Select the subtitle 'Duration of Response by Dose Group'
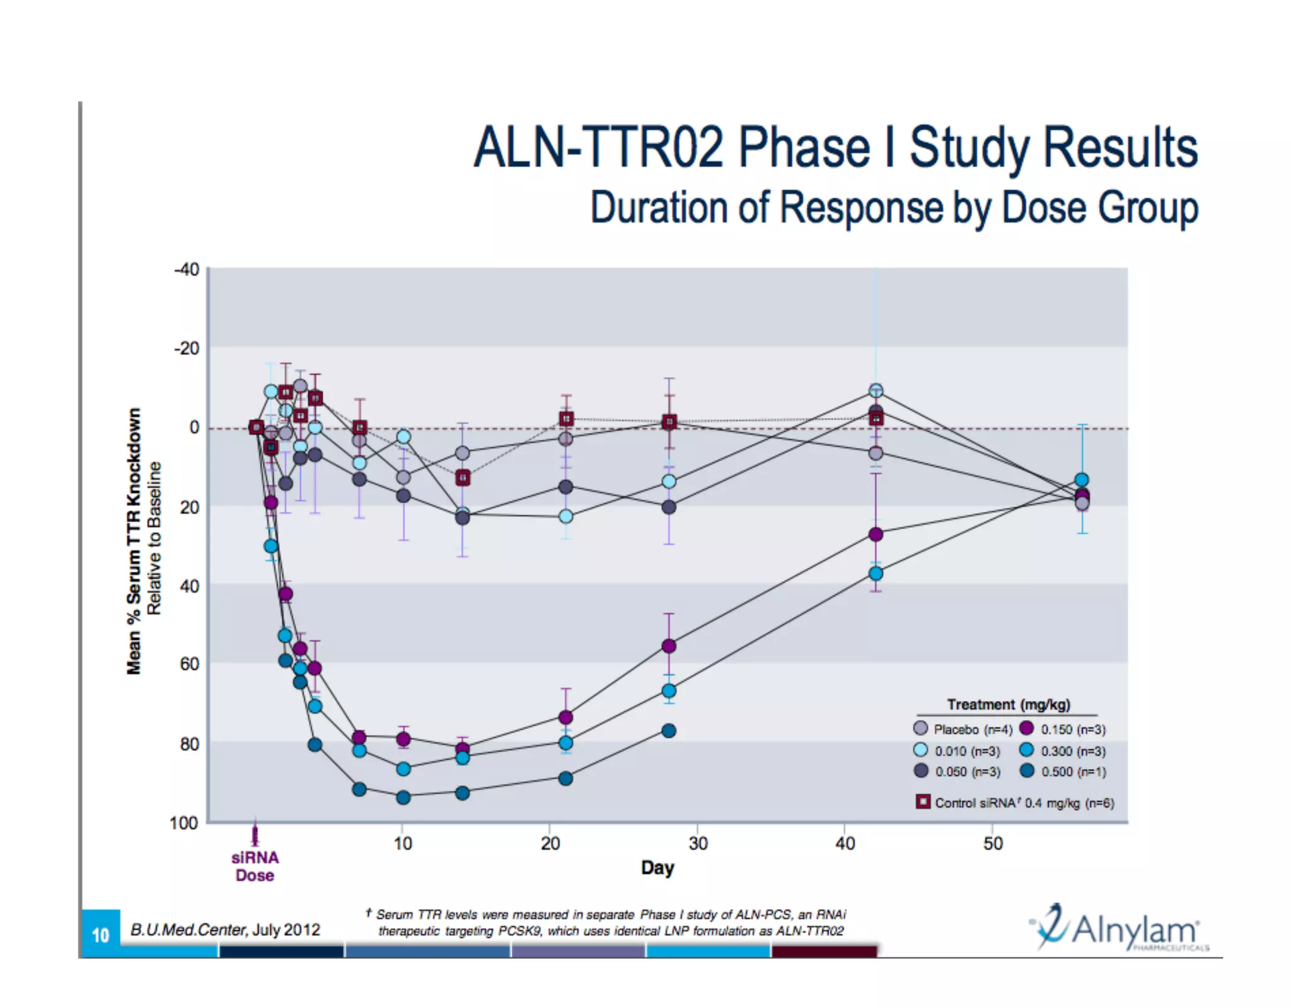coord(893,207)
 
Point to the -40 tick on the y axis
coord(187,270)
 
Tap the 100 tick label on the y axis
coord(183,823)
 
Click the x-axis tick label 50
coord(992,843)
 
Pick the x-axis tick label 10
coord(402,843)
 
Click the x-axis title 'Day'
coord(657,868)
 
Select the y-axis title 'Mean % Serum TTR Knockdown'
coord(134,541)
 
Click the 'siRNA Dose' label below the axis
coord(255,866)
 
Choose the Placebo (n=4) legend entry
coord(963,729)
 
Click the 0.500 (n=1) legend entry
coord(1065,772)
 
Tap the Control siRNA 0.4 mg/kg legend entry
coord(1015,802)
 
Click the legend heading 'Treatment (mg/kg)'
coord(1009,704)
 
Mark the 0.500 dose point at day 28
coord(669,731)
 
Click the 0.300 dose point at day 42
coord(876,574)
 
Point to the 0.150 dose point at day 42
coord(876,535)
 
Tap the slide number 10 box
coord(101,934)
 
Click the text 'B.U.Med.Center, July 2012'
coord(225,930)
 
